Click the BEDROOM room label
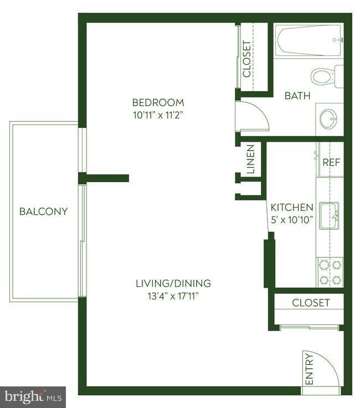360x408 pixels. [x=158, y=102]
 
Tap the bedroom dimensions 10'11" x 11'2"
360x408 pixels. [x=158, y=115]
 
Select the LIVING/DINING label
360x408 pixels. [x=173, y=283]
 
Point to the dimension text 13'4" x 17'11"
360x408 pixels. [x=173, y=296]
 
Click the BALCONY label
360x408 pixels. [x=43, y=211]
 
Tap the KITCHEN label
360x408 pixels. [x=292, y=208]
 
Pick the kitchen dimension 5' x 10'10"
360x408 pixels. [x=292, y=220]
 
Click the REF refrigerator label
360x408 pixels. [x=331, y=163]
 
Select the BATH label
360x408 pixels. [x=297, y=96]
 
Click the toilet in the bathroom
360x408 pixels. [x=324, y=76]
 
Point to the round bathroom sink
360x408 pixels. [x=329, y=117]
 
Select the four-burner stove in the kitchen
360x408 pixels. [x=330, y=272]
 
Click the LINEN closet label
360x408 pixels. [x=250, y=159]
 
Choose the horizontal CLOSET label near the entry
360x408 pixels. [x=311, y=303]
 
